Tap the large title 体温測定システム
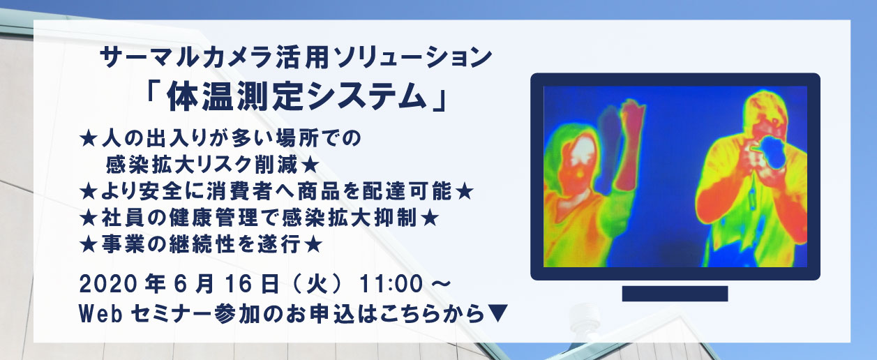coord(297,97)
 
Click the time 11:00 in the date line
coord(391,284)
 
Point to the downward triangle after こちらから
coord(498,313)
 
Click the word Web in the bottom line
coord(100,314)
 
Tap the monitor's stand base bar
coord(675,294)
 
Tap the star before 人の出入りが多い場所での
coord(89,139)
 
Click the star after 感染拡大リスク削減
coord(310,166)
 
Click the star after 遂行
coord(313,245)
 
